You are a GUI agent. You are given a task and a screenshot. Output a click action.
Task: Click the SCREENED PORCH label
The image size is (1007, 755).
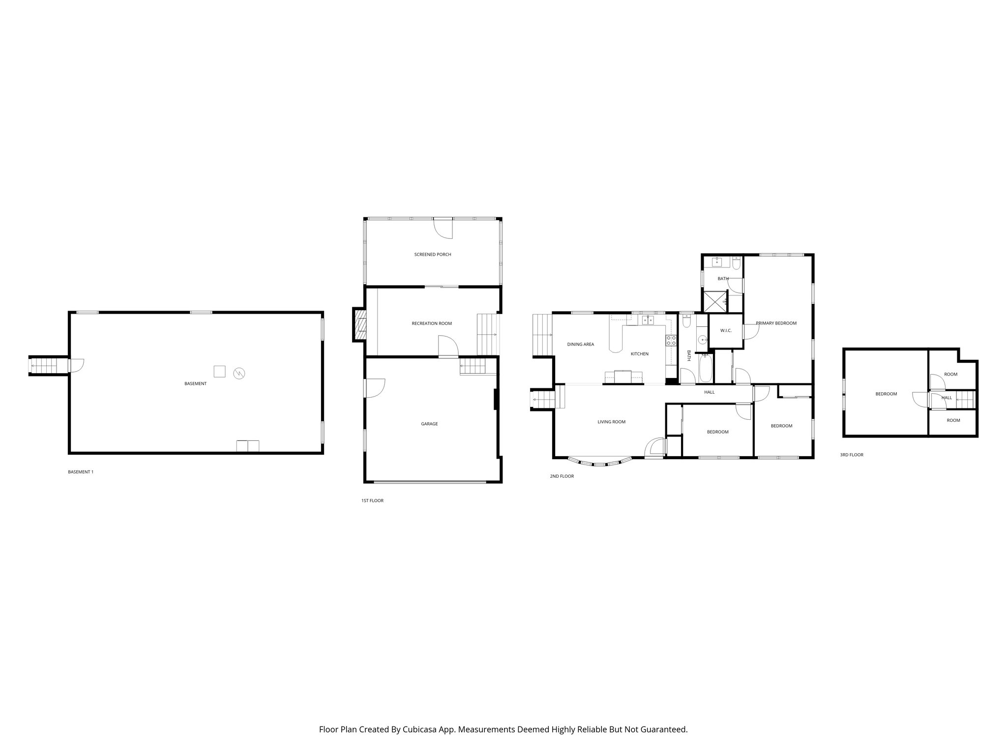click(432, 255)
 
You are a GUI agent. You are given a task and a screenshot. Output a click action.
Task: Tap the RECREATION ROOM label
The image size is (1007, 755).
click(431, 323)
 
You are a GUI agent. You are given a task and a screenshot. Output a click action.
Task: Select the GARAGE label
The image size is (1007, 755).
click(429, 424)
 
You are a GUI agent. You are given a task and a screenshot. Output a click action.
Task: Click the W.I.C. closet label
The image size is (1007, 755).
click(726, 331)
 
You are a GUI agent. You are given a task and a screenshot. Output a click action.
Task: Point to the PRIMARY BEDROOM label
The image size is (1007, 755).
click(776, 323)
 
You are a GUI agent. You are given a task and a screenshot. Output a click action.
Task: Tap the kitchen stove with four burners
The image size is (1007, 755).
click(671, 340)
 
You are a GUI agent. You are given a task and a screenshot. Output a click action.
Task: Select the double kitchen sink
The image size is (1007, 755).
click(648, 320)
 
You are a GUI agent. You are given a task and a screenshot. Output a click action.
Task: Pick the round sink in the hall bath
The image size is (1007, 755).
click(703, 339)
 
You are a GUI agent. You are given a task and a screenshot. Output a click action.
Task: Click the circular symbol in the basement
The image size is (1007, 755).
click(239, 373)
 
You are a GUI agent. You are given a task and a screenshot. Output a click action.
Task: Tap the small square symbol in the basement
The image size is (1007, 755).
click(219, 371)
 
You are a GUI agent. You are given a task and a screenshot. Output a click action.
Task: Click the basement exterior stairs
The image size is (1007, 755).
click(48, 366)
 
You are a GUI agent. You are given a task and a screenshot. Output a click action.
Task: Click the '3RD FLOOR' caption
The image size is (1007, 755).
click(851, 455)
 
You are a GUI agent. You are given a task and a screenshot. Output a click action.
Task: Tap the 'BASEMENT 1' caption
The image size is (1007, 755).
click(80, 472)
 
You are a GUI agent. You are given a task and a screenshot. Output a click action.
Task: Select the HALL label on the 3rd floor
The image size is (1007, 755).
click(946, 398)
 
